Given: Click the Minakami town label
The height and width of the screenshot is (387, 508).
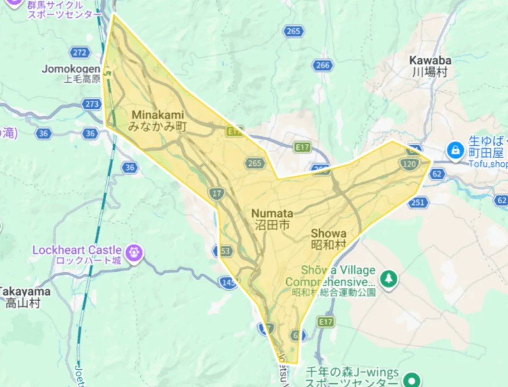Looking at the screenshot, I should coord(157,121).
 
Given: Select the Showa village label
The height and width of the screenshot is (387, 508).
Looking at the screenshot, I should coord(328,239).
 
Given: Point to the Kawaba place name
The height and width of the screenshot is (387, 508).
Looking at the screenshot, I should coord(430,66).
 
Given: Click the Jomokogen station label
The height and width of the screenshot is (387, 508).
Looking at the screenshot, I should coord(71,73).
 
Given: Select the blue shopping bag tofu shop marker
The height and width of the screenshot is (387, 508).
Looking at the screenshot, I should coord(455,149).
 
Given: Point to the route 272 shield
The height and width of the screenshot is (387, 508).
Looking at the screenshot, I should coord(79,53).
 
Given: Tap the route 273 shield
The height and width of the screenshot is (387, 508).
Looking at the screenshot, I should coord(92,104).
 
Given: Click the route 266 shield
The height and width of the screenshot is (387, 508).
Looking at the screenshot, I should coord(322,65).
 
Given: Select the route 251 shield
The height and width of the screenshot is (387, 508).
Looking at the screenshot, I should coord(418,202).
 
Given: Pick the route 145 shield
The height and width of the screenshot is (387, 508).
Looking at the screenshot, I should coord(228,283).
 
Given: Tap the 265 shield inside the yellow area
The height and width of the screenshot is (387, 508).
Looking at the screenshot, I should coord(254,164).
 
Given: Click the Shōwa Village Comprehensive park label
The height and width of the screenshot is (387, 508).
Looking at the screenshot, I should coord(330,276).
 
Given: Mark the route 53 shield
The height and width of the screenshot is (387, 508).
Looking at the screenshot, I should coord(225,251).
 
